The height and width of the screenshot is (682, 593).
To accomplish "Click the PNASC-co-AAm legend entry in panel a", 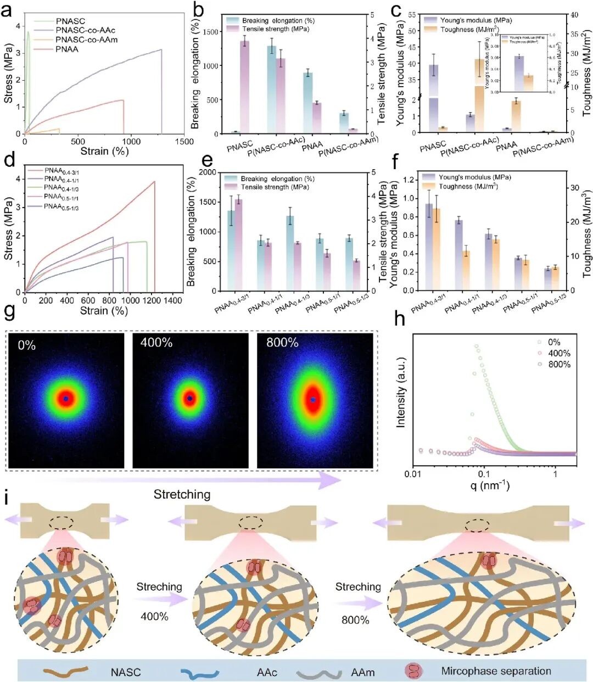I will [x=86, y=40].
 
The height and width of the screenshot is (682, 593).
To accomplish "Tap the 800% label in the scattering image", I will [x=282, y=343].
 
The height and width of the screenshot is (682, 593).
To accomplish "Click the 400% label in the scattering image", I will [x=156, y=343].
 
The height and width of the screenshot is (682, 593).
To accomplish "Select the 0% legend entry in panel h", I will [x=553, y=342].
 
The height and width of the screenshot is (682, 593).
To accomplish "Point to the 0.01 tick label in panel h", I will [x=413, y=474].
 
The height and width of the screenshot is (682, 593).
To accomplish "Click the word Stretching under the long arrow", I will [x=182, y=494].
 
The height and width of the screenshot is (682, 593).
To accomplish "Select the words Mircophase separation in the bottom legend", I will [x=496, y=671].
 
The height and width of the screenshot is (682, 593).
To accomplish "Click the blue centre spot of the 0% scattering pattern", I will [x=66, y=398].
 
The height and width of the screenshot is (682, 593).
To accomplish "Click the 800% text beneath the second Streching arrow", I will [x=355, y=620].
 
